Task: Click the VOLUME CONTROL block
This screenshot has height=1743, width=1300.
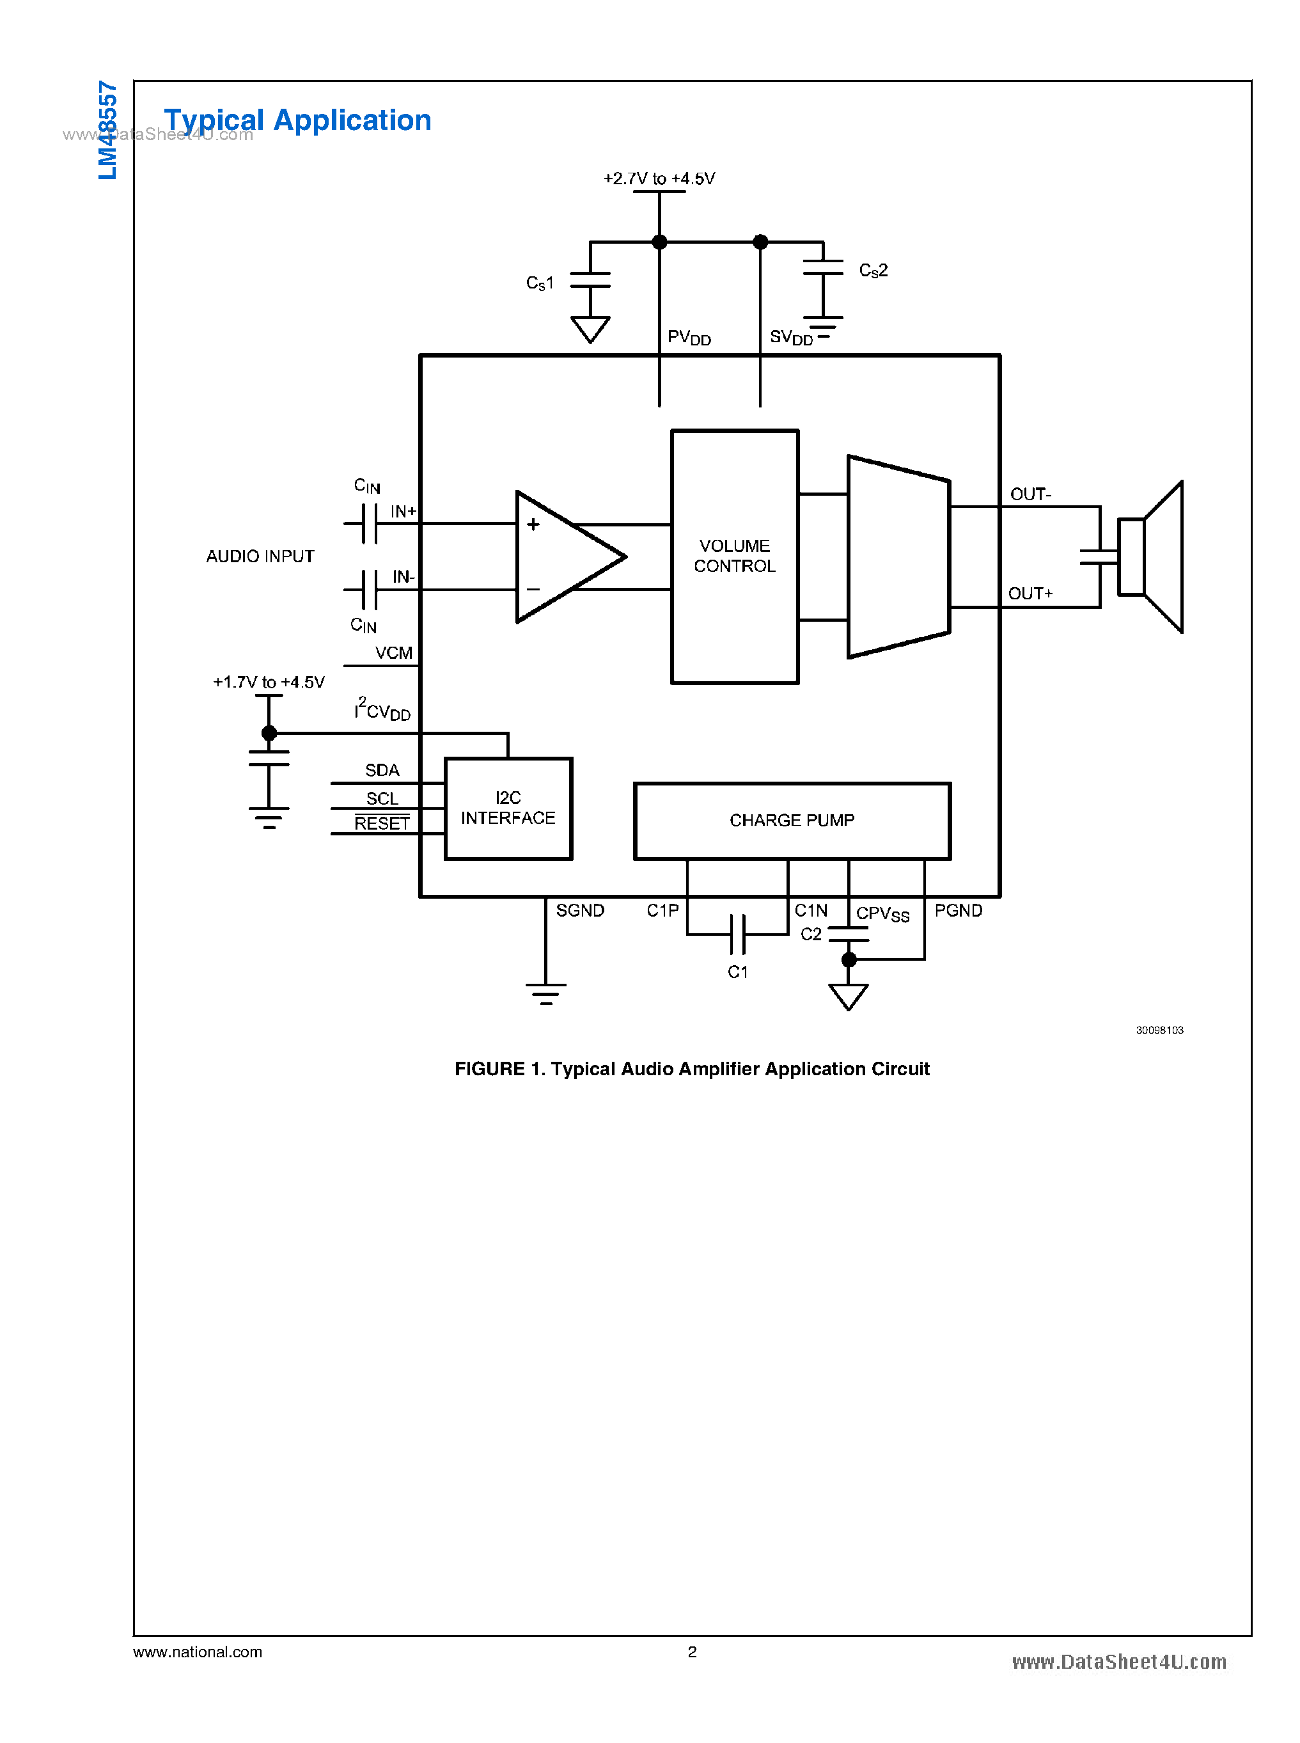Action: (x=734, y=556)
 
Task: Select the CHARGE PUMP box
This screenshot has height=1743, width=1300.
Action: (x=792, y=820)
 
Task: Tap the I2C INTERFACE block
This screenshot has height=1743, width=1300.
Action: (x=508, y=808)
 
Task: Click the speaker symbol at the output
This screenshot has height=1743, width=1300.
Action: (x=1151, y=556)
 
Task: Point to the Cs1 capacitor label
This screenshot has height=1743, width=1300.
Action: (x=540, y=283)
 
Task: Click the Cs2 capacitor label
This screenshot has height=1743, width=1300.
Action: (x=873, y=270)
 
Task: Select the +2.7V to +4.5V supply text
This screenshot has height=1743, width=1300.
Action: (x=659, y=178)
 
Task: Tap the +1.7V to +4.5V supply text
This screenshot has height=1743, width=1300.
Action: (x=269, y=682)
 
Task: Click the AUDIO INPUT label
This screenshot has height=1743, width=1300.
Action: (x=260, y=556)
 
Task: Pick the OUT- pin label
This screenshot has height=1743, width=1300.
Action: (x=1030, y=494)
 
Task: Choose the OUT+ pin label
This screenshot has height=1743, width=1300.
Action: (x=1030, y=594)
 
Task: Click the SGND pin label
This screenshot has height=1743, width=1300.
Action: (x=580, y=911)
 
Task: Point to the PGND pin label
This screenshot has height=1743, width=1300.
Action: (x=958, y=911)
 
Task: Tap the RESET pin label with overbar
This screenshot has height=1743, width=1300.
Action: (x=382, y=823)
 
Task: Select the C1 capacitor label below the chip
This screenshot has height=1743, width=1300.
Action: (x=737, y=972)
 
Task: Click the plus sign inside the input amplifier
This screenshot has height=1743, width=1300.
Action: (x=533, y=524)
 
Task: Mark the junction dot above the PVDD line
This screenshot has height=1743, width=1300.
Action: (x=659, y=242)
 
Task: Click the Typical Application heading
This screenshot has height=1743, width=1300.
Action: (x=297, y=120)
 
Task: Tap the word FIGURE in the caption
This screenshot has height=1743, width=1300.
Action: (x=489, y=1069)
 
